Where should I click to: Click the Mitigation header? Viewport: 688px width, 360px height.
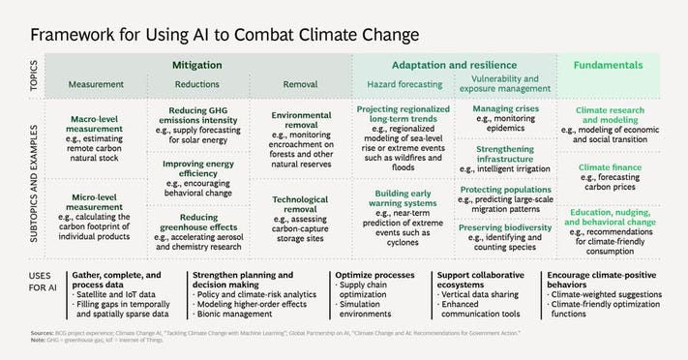pyautogui.click(x=196, y=65)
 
